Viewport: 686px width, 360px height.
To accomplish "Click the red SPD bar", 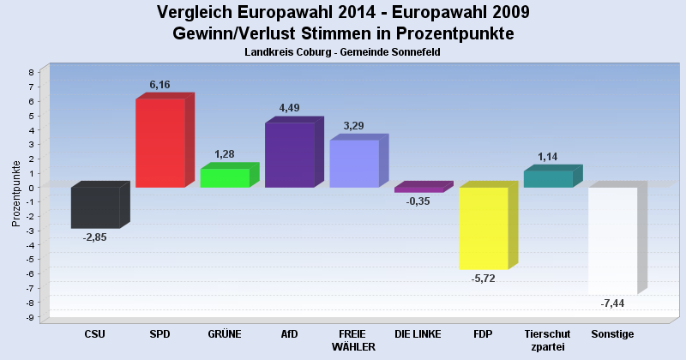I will [160, 143].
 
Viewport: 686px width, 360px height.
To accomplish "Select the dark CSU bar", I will [95, 208].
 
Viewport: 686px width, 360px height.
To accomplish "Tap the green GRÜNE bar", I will [225, 178].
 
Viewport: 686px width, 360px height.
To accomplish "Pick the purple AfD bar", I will [289, 155].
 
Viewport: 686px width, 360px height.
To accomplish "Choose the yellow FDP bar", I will [484, 228].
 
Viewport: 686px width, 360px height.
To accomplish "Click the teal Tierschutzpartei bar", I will [548, 179].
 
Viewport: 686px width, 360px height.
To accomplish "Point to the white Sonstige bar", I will [612, 241].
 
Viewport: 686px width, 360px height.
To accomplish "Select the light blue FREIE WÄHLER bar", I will [354, 164].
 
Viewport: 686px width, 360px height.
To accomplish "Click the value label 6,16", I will [161, 85].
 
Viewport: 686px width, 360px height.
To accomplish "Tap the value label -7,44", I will [612, 304].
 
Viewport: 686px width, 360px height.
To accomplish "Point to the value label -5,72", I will [483, 279].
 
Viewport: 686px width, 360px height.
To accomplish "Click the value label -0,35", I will [418, 201].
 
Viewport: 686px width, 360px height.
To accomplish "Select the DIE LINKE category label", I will [418, 333].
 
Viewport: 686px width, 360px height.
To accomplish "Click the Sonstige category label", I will [612, 333].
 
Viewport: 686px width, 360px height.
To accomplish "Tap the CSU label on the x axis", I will [95, 333].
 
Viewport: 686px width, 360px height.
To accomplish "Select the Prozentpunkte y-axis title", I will [16, 193].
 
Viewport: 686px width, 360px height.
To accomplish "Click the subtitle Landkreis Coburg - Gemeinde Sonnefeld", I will [343, 52].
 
